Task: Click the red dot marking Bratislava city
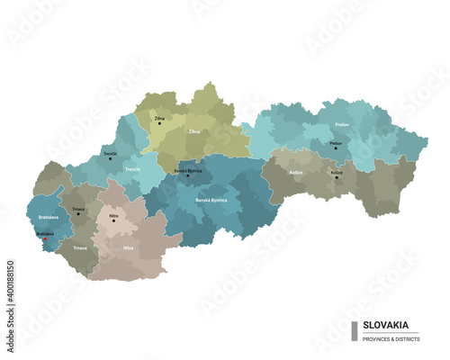[x=45, y=239]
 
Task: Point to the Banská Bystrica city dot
[x=188, y=175]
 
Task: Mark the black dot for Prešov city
[x=336, y=148]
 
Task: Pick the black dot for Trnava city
[x=78, y=214]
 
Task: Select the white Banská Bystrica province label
[x=212, y=199]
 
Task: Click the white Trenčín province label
[x=132, y=168]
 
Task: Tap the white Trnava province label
[x=80, y=247]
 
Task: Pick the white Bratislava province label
[x=49, y=218]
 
